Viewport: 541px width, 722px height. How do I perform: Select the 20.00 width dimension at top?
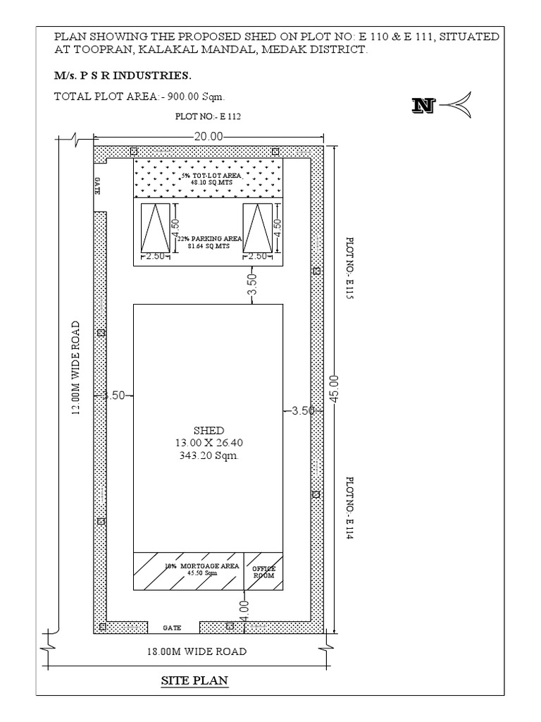point(207,136)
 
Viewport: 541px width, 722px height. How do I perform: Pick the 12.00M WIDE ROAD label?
point(75,369)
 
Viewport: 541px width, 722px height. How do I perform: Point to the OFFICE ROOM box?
point(264,572)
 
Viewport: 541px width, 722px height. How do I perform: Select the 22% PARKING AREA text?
point(208,239)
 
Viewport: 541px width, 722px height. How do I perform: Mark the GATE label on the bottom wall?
point(173,627)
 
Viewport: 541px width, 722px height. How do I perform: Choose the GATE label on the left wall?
point(99,186)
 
